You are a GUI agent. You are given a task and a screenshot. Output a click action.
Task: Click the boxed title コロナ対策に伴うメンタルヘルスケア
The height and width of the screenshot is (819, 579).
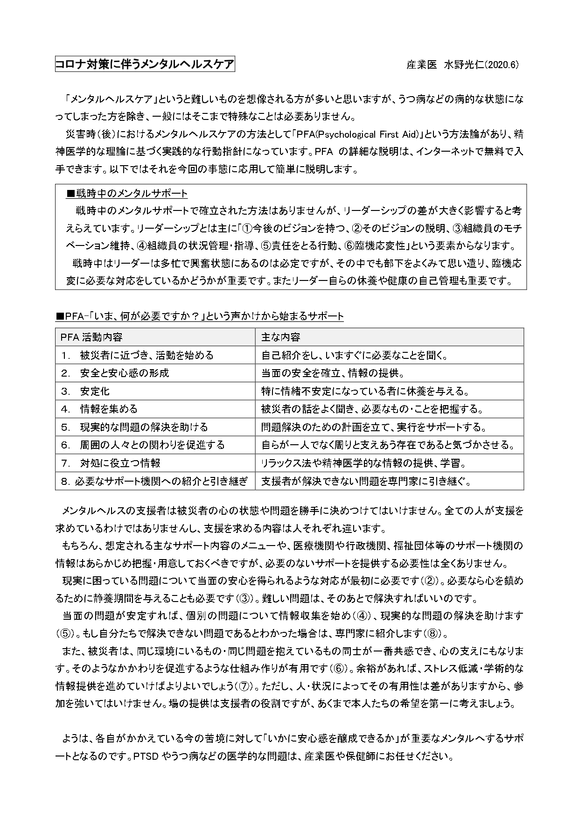145,64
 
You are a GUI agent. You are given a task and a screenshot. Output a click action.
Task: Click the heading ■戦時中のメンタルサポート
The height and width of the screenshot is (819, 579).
127,193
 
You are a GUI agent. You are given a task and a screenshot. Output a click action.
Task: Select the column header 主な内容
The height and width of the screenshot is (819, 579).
280,337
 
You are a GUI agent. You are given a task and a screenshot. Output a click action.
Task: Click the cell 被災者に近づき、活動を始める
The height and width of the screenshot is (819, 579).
146,355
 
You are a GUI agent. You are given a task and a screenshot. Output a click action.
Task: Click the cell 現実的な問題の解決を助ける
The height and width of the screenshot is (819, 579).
144,427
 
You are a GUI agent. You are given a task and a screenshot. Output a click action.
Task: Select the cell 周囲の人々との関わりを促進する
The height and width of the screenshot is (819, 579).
152,445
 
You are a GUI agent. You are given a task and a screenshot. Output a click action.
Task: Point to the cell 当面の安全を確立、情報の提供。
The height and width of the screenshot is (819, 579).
332,373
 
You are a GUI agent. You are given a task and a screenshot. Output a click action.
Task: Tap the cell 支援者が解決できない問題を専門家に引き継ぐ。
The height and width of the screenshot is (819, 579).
365,481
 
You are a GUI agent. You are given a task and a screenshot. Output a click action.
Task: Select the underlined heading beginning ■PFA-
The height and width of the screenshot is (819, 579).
199,316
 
